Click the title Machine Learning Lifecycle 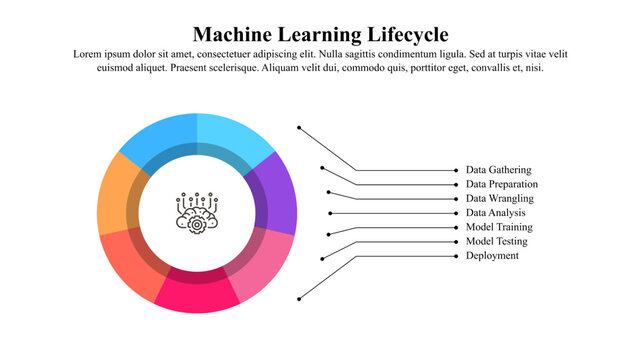click(x=320, y=34)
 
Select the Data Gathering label click(x=498, y=171)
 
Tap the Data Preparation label click(x=501, y=185)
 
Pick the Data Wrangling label click(x=499, y=199)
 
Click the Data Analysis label click(x=495, y=213)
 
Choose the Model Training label click(x=498, y=227)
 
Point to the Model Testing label click(x=496, y=241)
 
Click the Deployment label click(x=492, y=256)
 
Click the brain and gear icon click(x=197, y=212)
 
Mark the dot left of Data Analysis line click(x=330, y=213)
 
